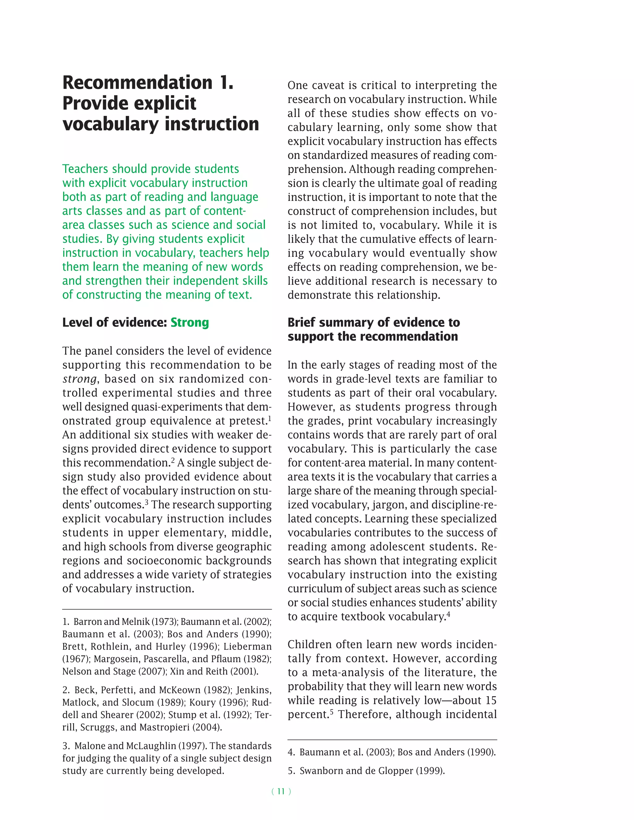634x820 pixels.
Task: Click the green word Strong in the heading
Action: coord(190,322)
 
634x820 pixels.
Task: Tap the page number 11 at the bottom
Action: coord(281,792)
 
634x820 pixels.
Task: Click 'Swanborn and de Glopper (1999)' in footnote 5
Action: coord(372,771)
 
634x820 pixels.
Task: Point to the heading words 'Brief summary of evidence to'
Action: coord(374,322)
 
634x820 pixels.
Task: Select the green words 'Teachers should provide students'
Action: coord(151,169)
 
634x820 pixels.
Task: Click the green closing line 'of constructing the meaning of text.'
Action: coord(157,295)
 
